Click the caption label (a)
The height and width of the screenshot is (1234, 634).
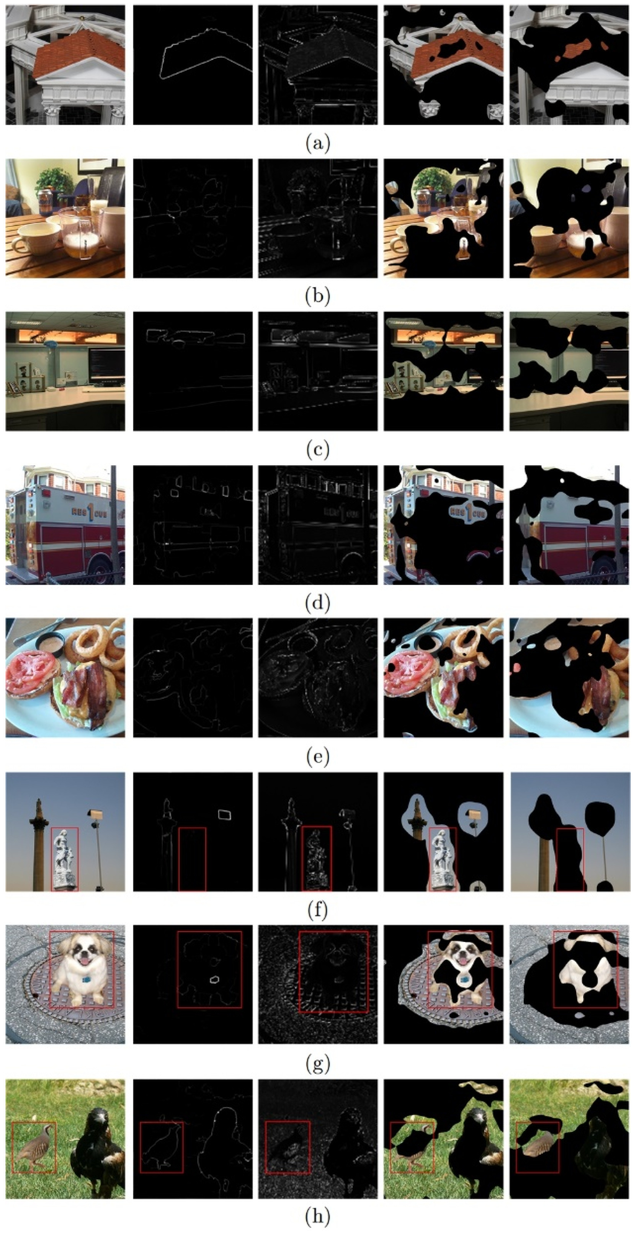(x=317, y=143)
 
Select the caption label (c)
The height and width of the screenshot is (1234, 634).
(x=317, y=450)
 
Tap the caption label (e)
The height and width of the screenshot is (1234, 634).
(x=317, y=757)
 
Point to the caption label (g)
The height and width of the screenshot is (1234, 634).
(x=317, y=1064)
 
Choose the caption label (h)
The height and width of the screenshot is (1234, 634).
(x=317, y=1217)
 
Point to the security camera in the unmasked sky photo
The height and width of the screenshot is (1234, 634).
(x=95, y=814)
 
